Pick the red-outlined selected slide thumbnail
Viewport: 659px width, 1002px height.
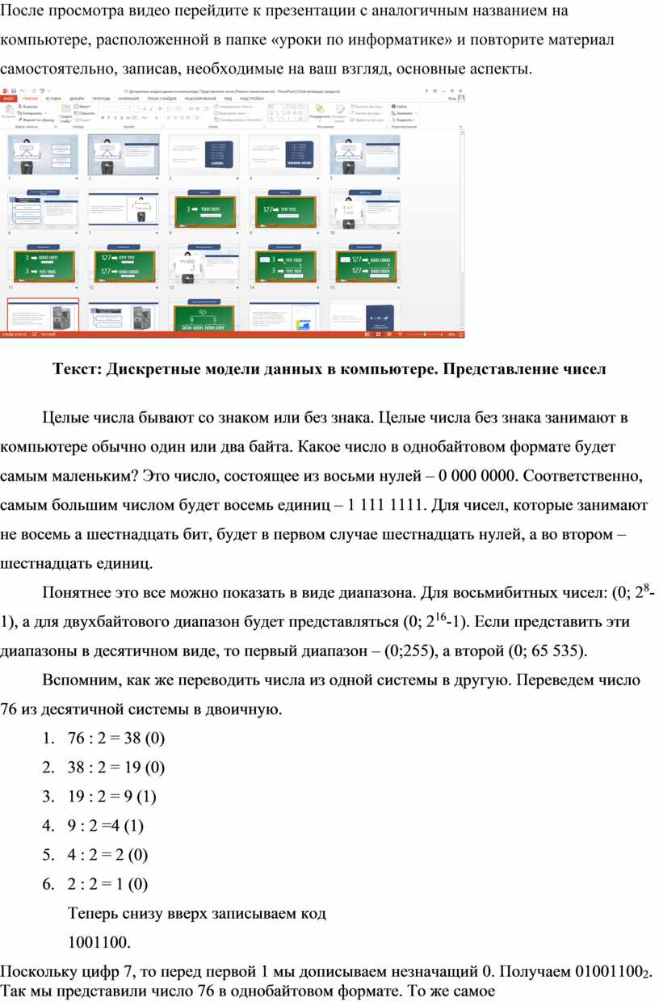tap(43, 316)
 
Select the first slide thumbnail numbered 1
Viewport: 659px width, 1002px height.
tap(43, 154)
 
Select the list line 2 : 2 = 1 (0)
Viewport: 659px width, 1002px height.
tap(108, 883)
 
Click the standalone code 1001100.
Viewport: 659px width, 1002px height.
tap(99, 942)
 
